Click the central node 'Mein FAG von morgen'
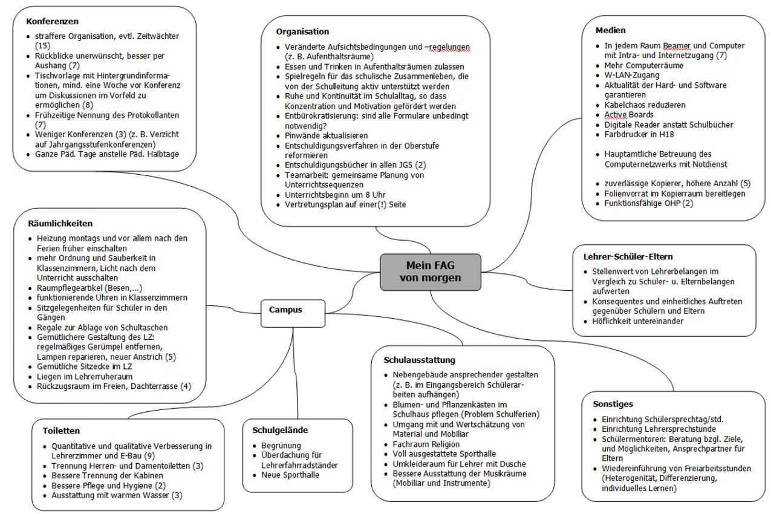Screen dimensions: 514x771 tap(430, 272)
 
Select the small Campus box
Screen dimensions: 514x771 tap(286, 310)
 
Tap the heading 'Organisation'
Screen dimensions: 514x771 tap(302, 31)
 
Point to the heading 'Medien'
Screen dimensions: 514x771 tap(610, 30)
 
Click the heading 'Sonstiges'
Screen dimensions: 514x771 tap(613, 404)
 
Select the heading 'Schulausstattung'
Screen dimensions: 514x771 tap(420, 360)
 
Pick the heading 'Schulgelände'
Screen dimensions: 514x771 tap(280, 430)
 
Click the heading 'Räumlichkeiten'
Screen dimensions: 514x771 tap(60, 223)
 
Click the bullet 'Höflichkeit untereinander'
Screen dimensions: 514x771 tap(637, 321)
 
